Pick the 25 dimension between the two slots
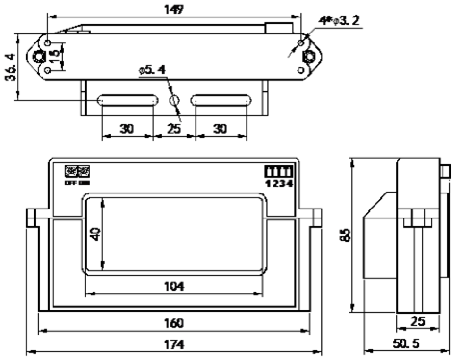[x=174, y=128]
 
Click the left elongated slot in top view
[x=127, y=100]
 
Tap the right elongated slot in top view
[x=221, y=100]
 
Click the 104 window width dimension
[x=173, y=286]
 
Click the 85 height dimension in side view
[x=346, y=234]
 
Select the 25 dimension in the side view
[x=417, y=321]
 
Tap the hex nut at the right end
[x=310, y=57]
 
